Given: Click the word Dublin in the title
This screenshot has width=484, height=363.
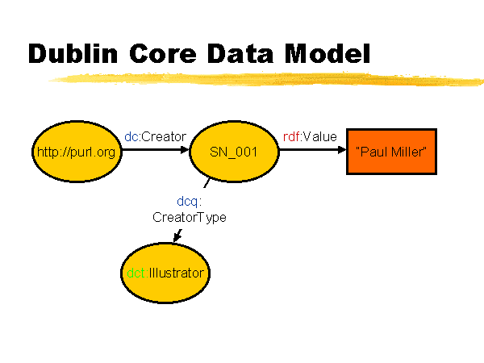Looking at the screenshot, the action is pos(73,53).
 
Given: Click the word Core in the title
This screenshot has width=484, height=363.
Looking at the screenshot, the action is pos(163,54).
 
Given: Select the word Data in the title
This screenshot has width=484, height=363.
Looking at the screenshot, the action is pos(240,54).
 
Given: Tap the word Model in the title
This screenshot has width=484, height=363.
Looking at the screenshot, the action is pos(328,53).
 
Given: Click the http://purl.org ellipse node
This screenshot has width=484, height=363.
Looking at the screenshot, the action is pos(77,152).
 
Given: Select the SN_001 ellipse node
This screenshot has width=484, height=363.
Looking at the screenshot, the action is pos(234,152).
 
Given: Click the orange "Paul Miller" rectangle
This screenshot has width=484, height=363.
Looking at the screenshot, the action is pos(391,152).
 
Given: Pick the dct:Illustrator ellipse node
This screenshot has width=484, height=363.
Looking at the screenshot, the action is pos(165,273).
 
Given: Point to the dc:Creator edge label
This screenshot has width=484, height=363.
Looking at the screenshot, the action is pos(155,136).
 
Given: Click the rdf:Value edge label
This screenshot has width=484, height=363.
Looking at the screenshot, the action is pos(310,136).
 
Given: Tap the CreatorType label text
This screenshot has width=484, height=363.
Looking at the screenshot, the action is pos(190,218).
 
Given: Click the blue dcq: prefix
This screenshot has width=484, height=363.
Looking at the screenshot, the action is pos(190,202).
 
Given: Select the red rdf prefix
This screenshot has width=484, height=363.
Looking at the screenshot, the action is pos(291,136).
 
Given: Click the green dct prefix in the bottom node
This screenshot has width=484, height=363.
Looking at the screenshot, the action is pos(136,273).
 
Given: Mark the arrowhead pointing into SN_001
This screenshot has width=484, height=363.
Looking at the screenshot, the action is pos(185,150).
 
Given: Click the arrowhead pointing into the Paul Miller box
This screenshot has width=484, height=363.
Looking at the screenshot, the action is pos(342,150).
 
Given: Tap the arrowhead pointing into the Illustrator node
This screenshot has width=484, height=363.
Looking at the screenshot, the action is pos(177,236).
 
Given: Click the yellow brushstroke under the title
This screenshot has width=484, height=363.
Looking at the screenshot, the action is pos(266,79).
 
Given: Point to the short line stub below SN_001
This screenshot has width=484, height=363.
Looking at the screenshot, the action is pos(207,183).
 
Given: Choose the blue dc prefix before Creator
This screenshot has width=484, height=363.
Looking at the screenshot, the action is pos(131,136).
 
